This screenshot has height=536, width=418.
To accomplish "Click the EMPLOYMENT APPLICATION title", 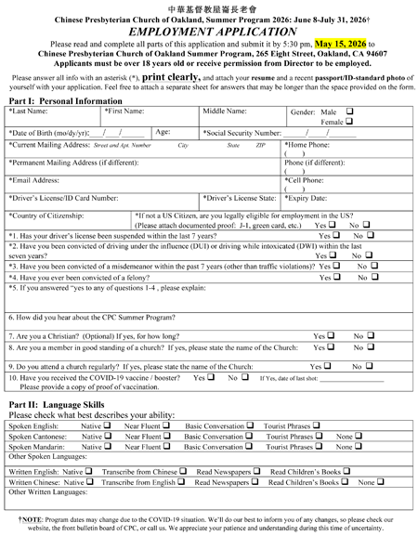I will coord(210,30).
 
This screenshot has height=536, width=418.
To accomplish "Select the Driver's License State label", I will coord(239,198).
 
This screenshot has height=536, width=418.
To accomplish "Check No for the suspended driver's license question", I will coord(370,237).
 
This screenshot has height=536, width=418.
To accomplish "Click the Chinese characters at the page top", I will coord(209,7).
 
